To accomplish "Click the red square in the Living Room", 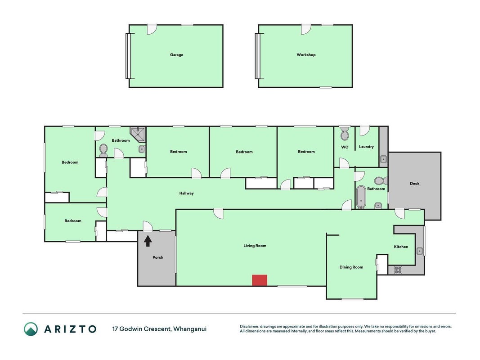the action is point(259,280).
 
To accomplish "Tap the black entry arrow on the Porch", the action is point(148,241).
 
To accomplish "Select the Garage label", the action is point(177,55).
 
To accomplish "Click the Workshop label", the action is point(306,55).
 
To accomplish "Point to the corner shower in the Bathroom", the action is point(138,135).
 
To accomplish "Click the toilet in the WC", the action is point(345,134).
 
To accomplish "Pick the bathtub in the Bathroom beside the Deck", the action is point(361,197).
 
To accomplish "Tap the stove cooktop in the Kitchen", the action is point(398,270).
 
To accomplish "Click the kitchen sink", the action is point(419,251).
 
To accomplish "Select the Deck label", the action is point(414,183).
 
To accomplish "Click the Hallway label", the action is point(186,193).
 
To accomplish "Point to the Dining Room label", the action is point(351,267).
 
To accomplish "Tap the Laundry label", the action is point(366,147).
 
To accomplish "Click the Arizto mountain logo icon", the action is point(31,329).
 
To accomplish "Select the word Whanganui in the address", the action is point(190,329).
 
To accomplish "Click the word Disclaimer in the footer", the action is point(249,327).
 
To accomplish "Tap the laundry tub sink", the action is point(383,159).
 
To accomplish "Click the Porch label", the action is point(158,257).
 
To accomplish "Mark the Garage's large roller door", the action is point(128,56).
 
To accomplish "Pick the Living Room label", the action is point(255,246).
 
